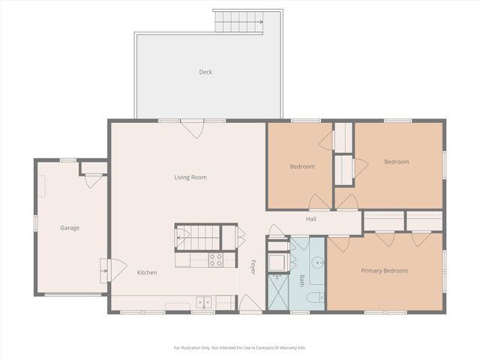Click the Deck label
(x=205, y=72)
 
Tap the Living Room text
(x=190, y=177)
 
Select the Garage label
(x=70, y=227)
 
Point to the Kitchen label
(x=147, y=272)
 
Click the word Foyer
(x=253, y=267)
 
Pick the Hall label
(x=310, y=219)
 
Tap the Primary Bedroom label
(x=384, y=270)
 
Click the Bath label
(x=301, y=280)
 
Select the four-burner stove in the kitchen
(x=215, y=260)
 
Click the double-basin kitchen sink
(x=203, y=302)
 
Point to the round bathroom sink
(x=316, y=262)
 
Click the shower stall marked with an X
(x=277, y=292)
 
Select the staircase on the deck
(x=239, y=22)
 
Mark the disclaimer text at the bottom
(x=239, y=347)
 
